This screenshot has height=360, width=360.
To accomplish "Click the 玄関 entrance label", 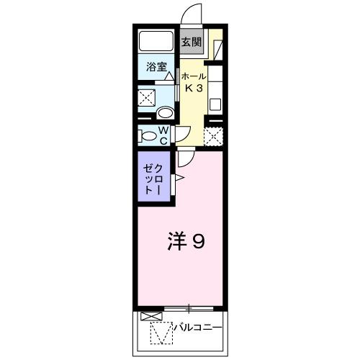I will (190, 42).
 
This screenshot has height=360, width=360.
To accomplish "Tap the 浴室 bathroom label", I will (157, 68).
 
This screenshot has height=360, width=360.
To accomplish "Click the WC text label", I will (163, 135).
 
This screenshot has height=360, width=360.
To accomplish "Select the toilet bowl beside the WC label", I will (149, 135).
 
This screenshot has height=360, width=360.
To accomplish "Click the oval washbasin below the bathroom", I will (165, 113).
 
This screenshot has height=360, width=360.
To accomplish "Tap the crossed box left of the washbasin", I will (148, 97).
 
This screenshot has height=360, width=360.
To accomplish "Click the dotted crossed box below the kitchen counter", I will (213, 135).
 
